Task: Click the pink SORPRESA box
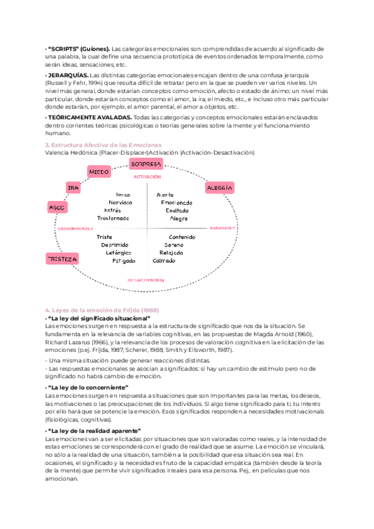click(146, 164)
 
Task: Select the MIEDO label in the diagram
click(99, 172)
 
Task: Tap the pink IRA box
click(73, 187)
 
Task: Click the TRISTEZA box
click(62, 258)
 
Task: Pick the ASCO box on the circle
click(57, 206)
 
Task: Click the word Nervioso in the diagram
click(120, 203)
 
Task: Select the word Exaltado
click(176, 211)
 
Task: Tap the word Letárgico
click(119, 253)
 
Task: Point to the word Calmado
click(164, 261)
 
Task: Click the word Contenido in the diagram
click(182, 237)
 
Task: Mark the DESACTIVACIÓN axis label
click(148, 281)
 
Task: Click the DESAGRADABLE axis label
click(75, 228)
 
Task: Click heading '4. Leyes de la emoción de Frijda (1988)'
click(102, 311)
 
